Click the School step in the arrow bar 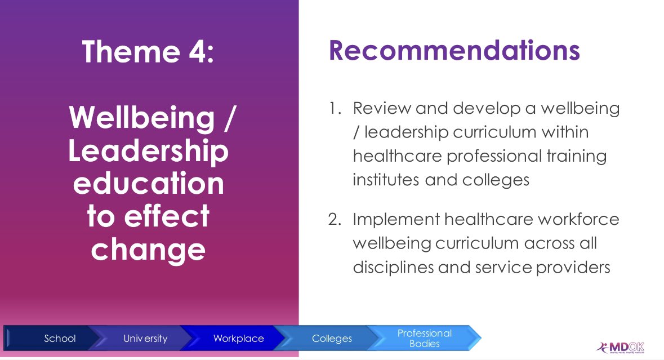(x=60, y=339)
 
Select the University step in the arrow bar (x=145, y=339)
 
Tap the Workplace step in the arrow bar (x=238, y=339)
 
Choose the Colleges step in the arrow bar (x=332, y=339)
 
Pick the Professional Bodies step (x=425, y=338)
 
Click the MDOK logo (x=620, y=347)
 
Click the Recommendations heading (x=454, y=51)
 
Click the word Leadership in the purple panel (x=149, y=152)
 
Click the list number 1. (x=334, y=108)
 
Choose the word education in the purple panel (x=149, y=184)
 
